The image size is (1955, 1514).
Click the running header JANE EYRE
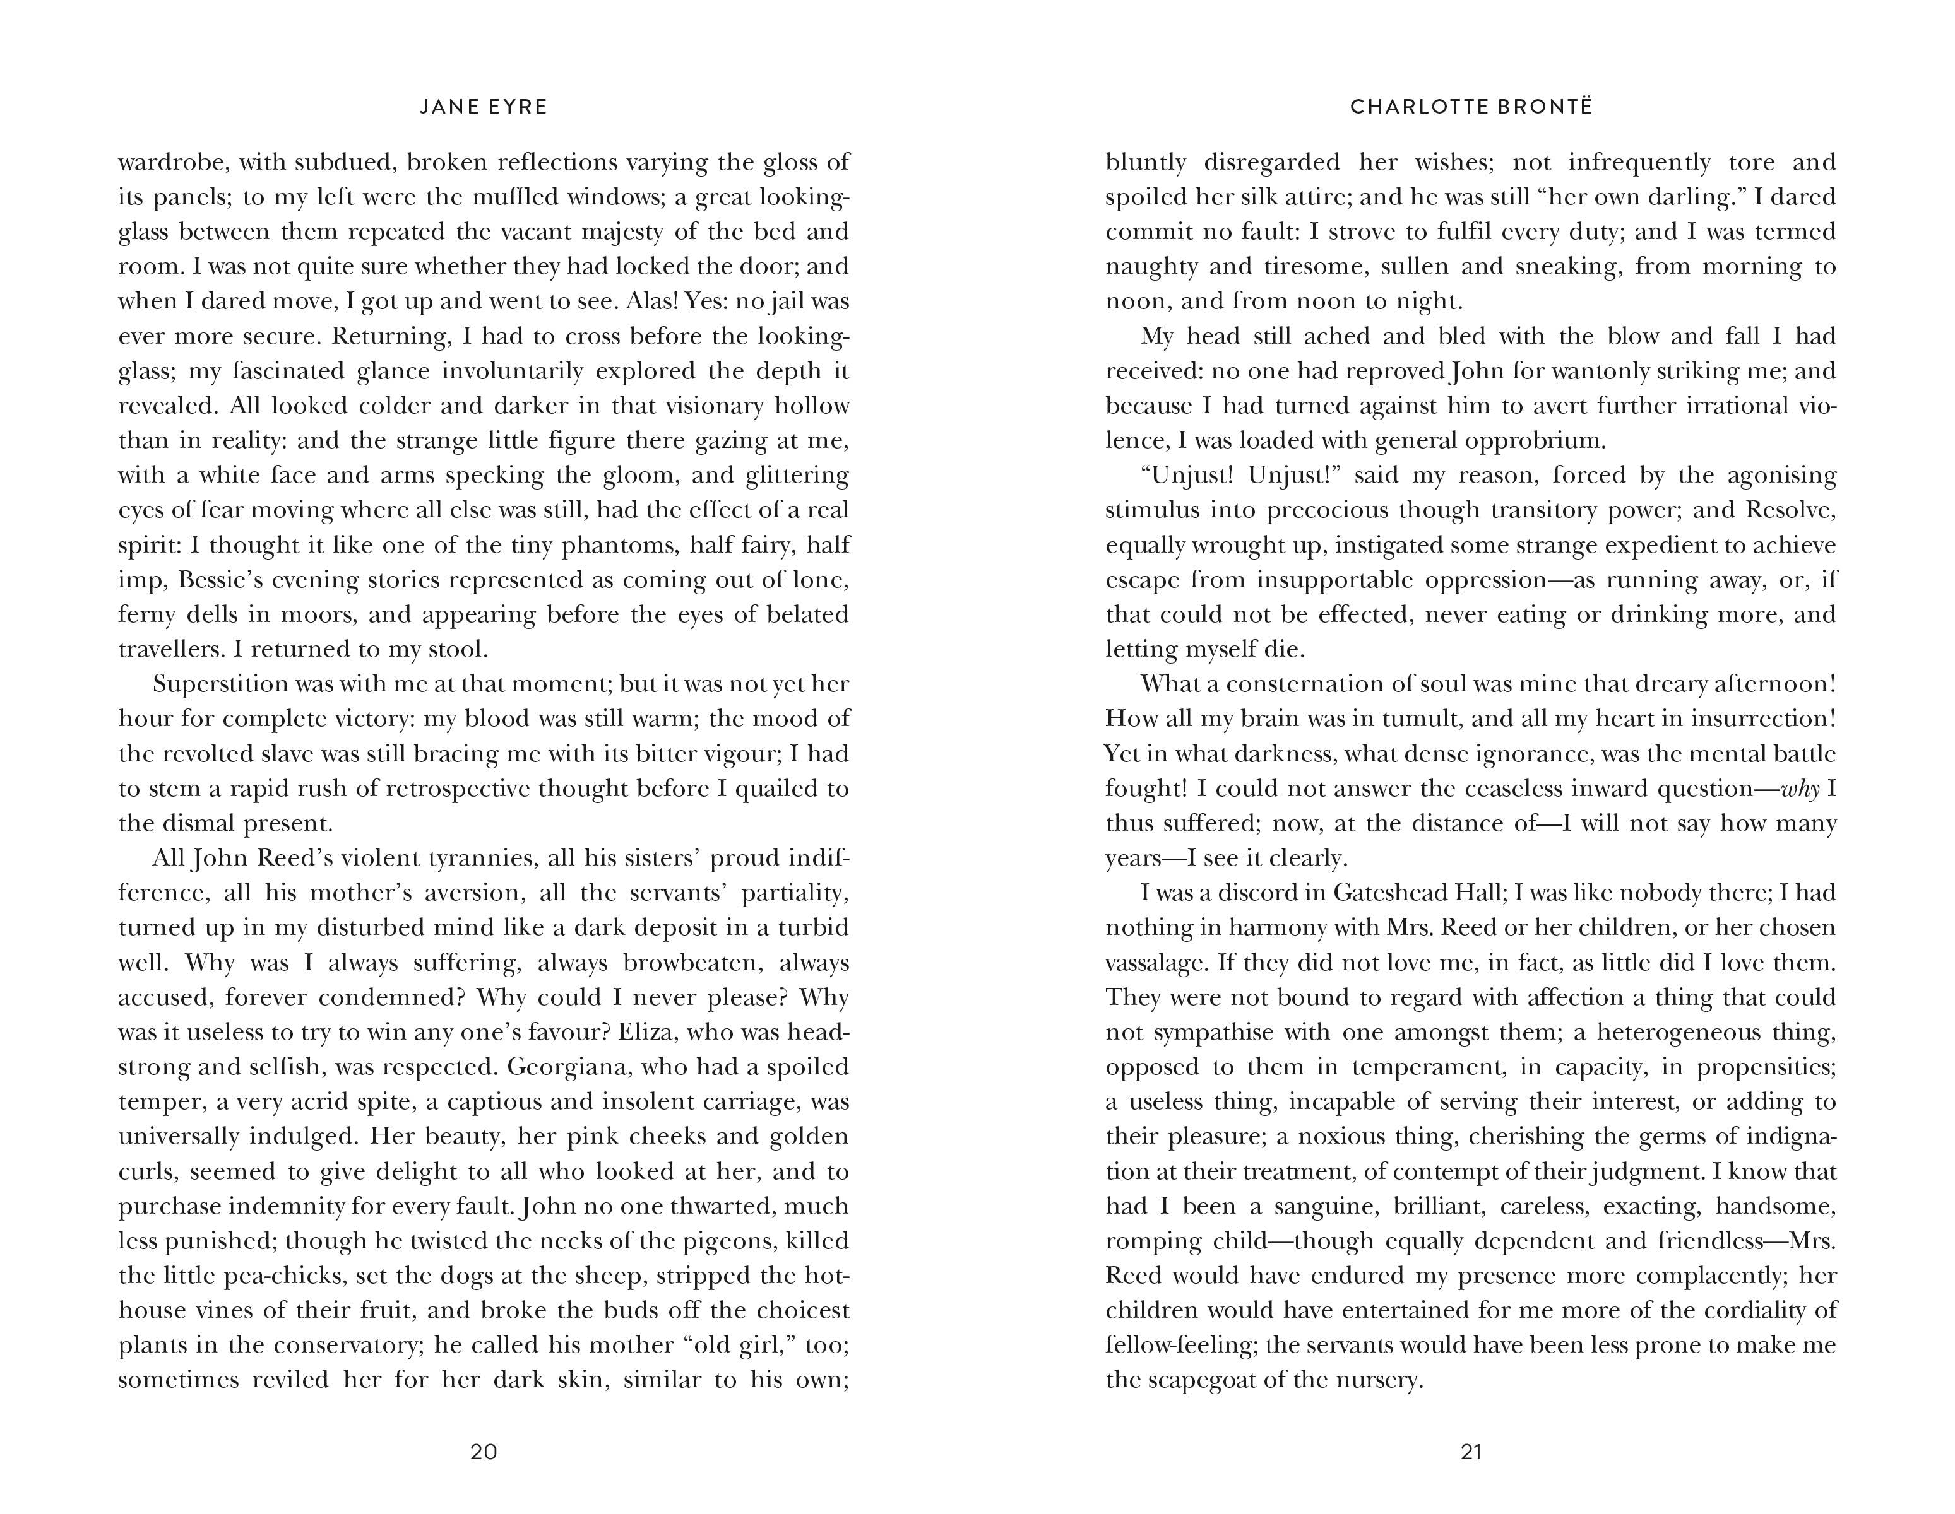click(x=484, y=107)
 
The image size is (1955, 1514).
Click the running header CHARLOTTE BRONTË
click(x=1471, y=107)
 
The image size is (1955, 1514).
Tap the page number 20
click(x=484, y=1452)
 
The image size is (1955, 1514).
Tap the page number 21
click(x=1471, y=1452)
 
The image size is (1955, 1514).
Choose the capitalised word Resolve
click(x=1790, y=510)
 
